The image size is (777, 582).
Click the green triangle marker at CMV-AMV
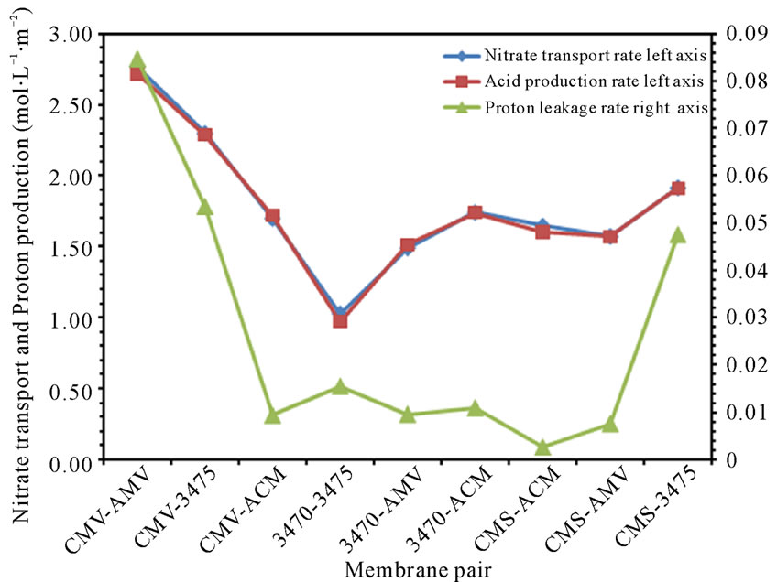[137, 60]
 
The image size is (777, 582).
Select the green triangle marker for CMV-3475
[205, 208]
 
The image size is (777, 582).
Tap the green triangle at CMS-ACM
[542, 447]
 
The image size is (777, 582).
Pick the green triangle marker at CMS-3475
[678, 235]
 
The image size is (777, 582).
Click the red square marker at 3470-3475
[340, 320]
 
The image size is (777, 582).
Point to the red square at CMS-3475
[678, 189]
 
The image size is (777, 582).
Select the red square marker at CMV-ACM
[272, 217]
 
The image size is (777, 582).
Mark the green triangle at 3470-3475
[340, 386]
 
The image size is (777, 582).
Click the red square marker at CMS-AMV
[610, 236]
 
